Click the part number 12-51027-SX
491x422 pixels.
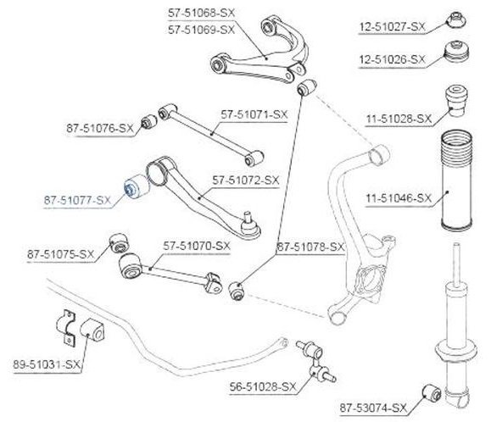393,27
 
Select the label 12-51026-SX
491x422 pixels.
393,59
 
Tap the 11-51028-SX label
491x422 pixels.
399,119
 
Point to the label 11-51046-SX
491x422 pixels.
399,198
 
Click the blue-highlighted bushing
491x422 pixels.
137,186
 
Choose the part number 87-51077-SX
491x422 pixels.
77,200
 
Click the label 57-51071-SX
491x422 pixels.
254,114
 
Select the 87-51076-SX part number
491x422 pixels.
100,128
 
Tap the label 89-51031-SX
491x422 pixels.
47,364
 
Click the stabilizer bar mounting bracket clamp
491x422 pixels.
67,328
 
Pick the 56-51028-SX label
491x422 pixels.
263,387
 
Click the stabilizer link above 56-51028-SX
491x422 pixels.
316,361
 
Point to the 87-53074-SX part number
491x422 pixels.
373,408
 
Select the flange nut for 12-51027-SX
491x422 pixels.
455,19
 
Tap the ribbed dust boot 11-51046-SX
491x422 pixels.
456,180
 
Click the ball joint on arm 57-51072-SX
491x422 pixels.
249,227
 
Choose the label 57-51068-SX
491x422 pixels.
201,14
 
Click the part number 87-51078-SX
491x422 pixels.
310,247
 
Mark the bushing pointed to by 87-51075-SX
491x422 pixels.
119,243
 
